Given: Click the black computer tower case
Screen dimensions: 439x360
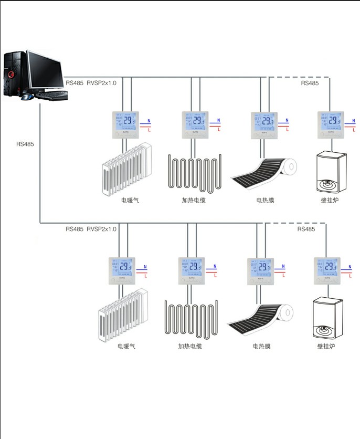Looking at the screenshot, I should click(15, 75).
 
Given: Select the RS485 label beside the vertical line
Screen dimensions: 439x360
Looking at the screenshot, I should click(25, 144).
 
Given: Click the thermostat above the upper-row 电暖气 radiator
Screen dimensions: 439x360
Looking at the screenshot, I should click(125, 124).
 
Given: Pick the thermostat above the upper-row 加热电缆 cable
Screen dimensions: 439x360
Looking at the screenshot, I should click(195, 124).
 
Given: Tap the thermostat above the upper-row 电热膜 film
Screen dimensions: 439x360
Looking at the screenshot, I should click(263, 124).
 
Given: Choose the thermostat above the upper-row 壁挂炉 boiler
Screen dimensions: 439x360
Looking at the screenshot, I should click(331, 124).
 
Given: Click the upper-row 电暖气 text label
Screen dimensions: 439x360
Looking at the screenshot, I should click(130, 200).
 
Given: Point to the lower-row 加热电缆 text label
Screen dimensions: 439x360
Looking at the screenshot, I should click(190, 346).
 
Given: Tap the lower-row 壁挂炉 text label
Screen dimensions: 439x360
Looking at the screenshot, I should click(326, 346).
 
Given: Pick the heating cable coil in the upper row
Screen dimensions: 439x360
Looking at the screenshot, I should click(194, 171).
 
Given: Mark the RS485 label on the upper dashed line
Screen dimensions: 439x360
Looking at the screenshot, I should click(309, 83).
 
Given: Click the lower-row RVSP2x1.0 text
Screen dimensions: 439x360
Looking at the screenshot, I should click(101, 229).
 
